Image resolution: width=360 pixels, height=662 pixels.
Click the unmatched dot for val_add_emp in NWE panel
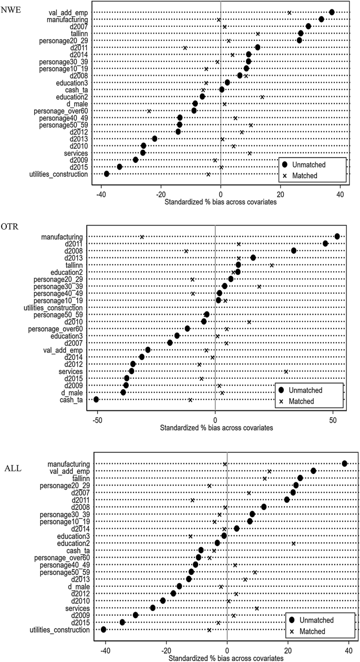pos(332,12)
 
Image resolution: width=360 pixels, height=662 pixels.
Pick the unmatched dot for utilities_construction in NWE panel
pos(107,173)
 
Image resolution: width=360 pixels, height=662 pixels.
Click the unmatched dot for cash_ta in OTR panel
pos(96,399)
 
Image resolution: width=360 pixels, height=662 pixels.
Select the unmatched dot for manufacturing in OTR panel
pos(337,236)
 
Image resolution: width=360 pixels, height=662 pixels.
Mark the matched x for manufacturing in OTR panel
pos(142,237)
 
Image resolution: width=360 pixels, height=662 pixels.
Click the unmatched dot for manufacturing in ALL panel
pos(344,449)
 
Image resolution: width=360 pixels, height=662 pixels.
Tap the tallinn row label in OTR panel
pos(73,265)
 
